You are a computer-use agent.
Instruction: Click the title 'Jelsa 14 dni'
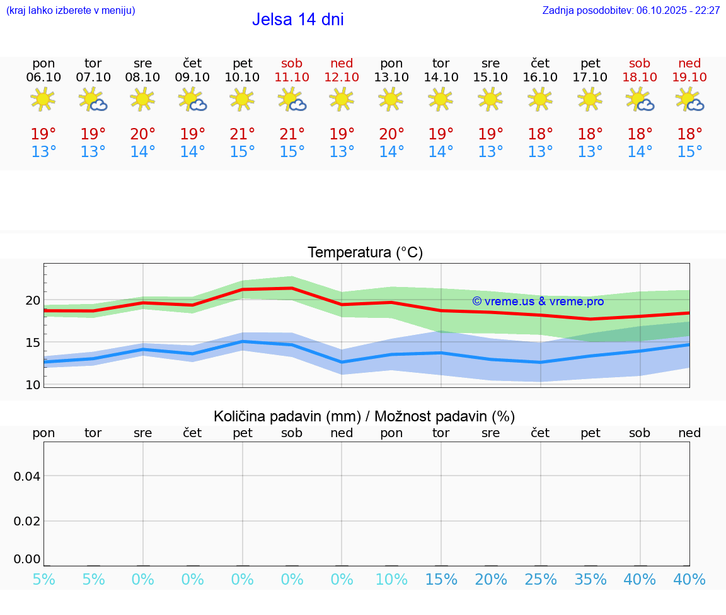(297, 20)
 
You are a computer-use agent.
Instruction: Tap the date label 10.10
(243, 78)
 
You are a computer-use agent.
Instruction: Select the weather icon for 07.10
(93, 100)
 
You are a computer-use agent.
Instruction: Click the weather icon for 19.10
(689, 100)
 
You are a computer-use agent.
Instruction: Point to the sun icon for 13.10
(391, 99)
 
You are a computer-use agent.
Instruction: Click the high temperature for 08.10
(143, 134)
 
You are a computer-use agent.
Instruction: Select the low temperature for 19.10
(689, 152)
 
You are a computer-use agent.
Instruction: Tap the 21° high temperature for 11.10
(292, 134)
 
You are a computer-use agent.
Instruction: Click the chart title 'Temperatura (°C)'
(365, 253)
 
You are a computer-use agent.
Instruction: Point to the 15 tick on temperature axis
(32, 343)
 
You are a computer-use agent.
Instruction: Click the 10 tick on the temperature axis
(32, 385)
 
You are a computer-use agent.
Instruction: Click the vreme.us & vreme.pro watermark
(538, 302)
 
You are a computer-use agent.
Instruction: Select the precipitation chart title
(364, 416)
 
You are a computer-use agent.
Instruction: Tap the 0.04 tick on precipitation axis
(27, 476)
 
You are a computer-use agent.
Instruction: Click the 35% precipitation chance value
(591, 580)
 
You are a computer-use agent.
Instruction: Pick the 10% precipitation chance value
(391, 580)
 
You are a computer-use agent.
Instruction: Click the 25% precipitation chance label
(541, 580)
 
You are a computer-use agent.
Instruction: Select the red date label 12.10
(342, 78)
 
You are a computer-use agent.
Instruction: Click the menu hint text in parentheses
(71, 11)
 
